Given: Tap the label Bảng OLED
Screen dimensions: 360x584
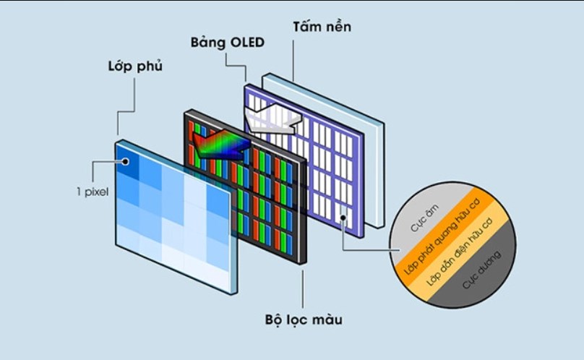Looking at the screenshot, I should point(228,42).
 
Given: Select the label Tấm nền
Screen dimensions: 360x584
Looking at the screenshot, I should point(321,27).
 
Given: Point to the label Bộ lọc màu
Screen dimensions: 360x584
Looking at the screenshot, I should point(302,319).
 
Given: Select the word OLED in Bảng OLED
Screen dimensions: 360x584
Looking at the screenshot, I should point(246,42).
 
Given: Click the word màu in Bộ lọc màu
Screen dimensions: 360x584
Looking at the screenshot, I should point(326,319).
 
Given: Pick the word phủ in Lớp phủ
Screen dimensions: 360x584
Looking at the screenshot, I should point(149,67).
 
